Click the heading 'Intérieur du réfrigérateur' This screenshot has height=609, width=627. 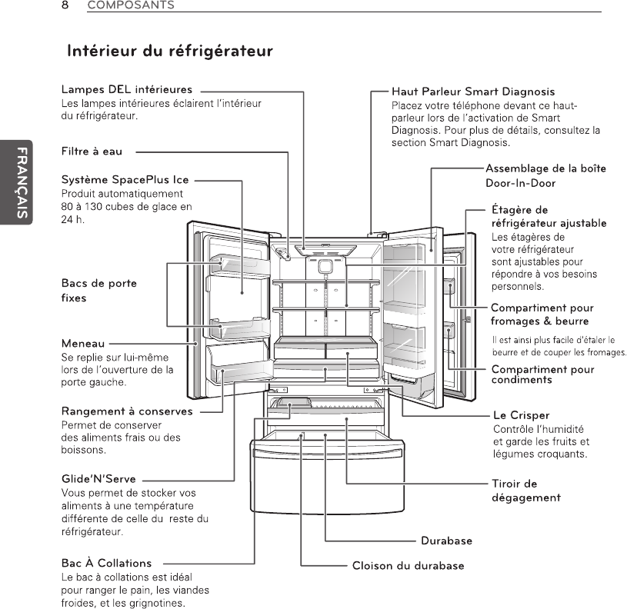[x=170, y=52]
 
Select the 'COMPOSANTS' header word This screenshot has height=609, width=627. [x=131, y=5]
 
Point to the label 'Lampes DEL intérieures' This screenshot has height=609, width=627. [x=127, y=91]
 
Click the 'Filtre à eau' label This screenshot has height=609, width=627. [x=92, y=151]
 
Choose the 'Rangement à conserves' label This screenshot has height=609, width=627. [x=127, y=411]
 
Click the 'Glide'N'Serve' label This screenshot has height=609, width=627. [x=98, y=479]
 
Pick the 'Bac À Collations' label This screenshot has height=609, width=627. [x=106, y=563]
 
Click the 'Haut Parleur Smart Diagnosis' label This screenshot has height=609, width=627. [x=473, y=92]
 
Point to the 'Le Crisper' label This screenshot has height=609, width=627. [x=521, y=415]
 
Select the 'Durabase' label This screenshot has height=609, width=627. [x=446, y=541]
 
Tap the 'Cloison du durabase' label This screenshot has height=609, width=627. [x=408, y=566]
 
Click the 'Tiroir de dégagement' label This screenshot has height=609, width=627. [x=526, y=490]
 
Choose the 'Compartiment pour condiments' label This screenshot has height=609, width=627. [x=542, y=374]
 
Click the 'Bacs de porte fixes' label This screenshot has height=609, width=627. [x=98, y=290]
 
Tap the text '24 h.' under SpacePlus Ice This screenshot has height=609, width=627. [x=72, y=218]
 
